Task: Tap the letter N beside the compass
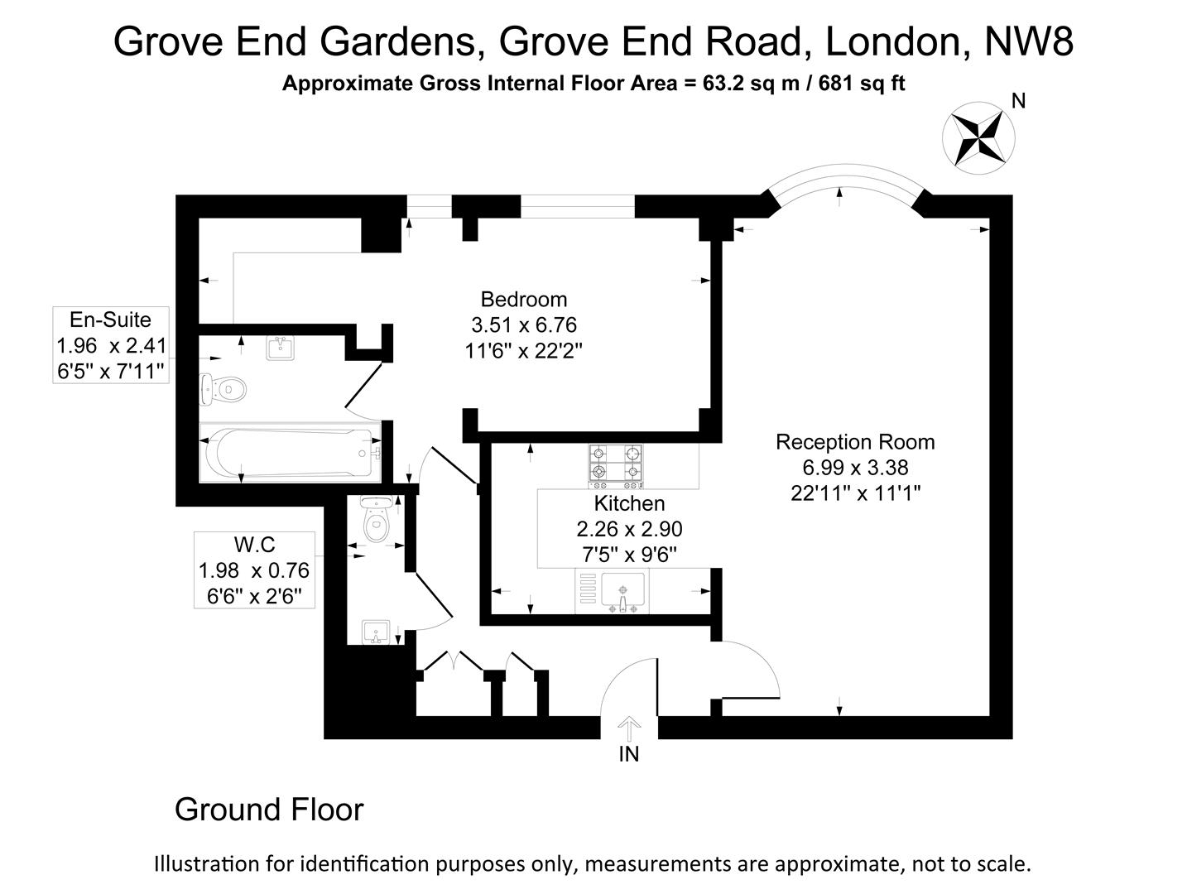1019,101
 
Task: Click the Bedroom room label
523,299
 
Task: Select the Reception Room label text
855,442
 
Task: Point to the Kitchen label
629,503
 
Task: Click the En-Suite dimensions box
111,344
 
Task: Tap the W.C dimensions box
254,570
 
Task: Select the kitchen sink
622,594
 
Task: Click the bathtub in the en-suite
290,453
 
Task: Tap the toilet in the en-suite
224,389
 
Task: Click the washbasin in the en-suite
281,347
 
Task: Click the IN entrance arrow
629,730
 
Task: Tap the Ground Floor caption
268,810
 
